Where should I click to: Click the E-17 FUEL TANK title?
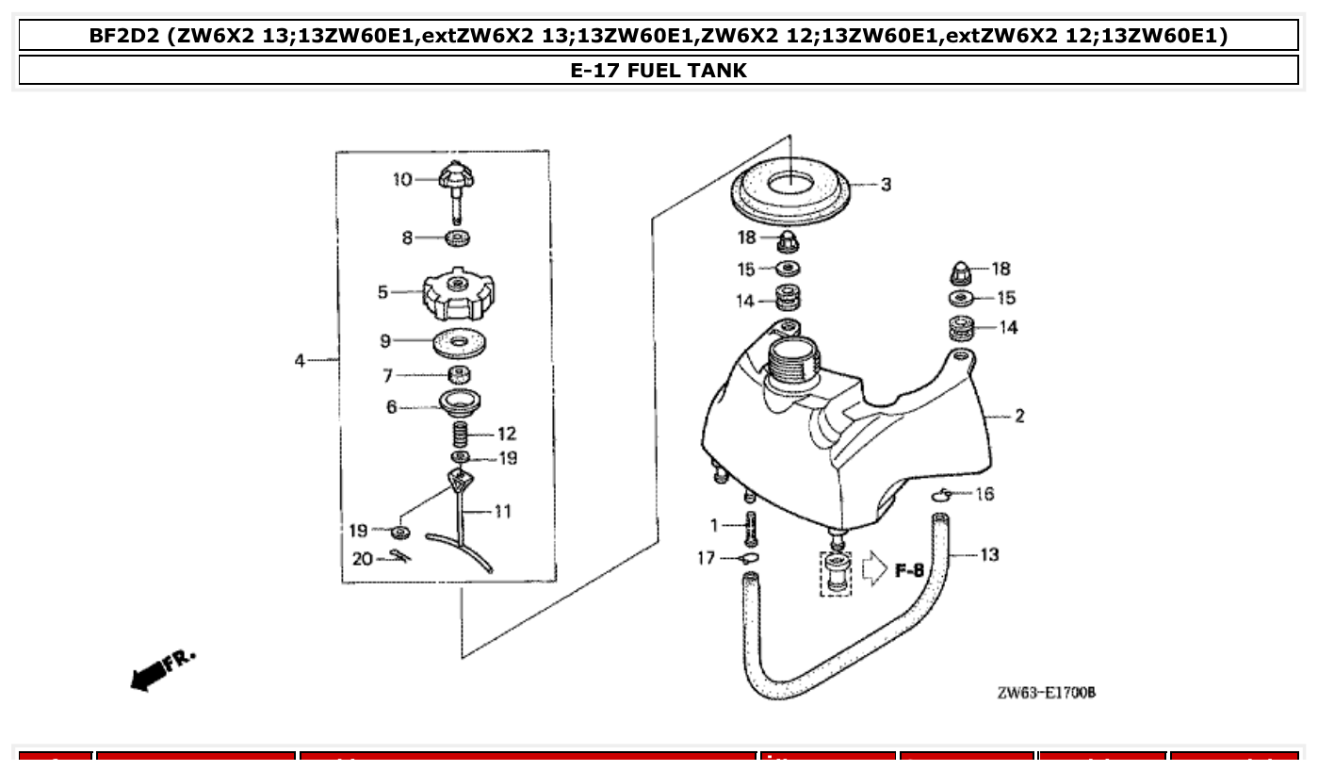click(x=659, y=70)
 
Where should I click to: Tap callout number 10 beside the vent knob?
click(x=402, y=179)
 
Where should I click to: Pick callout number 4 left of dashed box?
click(x=300, y=360)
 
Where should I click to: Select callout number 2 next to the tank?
click(x=1019, y=416)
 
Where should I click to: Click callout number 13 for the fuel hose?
click(x=989, y=554)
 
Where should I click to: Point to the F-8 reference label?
click(x=909, y=570)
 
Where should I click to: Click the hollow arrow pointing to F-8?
click(x=875, y=569)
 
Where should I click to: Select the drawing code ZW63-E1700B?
click(x=1046, y=693)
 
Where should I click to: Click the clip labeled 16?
click(x=941, y=495)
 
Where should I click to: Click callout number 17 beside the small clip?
click(x=707, y=558)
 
